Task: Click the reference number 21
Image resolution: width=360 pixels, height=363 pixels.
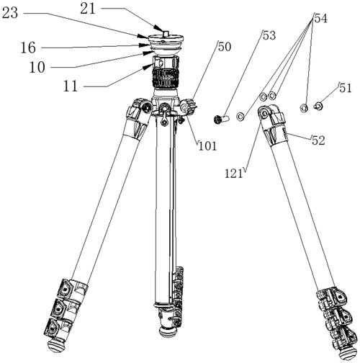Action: tap(88, 9)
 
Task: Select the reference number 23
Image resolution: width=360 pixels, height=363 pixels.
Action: tap(9, 13)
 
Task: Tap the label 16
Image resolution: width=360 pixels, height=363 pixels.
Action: tap(28, 48)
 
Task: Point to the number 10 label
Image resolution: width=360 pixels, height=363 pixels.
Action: tap(37, 67)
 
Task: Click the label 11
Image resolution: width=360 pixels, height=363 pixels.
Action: tap(71, 86)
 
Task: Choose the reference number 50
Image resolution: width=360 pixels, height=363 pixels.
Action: tap(225, 47)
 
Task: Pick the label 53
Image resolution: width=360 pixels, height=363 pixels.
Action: tap(269, 35)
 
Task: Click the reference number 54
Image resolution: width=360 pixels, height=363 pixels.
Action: tap(321, 18)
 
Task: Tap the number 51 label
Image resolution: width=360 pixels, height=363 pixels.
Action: tap(346, 88)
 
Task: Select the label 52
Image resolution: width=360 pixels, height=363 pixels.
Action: tap(318, 140)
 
